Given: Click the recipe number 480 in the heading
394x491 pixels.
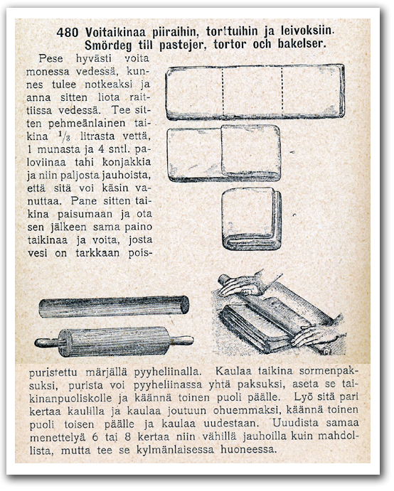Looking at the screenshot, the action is pyautogui.click(x=68, y=32).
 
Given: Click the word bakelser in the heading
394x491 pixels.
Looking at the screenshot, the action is pyautogui.click(x=302, y=43).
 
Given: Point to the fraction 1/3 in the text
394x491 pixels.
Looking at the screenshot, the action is pyautogui.click(x=64, y=136).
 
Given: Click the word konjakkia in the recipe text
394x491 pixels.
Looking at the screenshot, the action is pyautogui.click(x=127, y=162).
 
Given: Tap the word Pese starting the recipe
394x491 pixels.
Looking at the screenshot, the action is pyautogui.click(x=50, y=58).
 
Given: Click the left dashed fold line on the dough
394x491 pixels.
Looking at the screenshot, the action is pyautogui.click(x=223, y=92).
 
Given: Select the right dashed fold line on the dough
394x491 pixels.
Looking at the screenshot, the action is pyautogui.click(x=282, y=92).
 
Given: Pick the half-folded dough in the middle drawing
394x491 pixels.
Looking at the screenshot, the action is pyautogui.click(x=223, y=153).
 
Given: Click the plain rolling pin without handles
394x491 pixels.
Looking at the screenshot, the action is pyautogui.click(x=114, y=307).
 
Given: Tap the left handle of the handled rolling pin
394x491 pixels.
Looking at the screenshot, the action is pyautogui.click(x=47, y=342).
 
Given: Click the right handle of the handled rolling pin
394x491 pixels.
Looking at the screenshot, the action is pyautogui.click(x=182, y=340).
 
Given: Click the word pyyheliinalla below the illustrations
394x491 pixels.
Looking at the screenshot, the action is pyautogui.click(x=166, y=372).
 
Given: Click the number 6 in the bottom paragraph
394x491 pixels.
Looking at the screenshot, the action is pyautogui.click(x=95, y=436).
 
